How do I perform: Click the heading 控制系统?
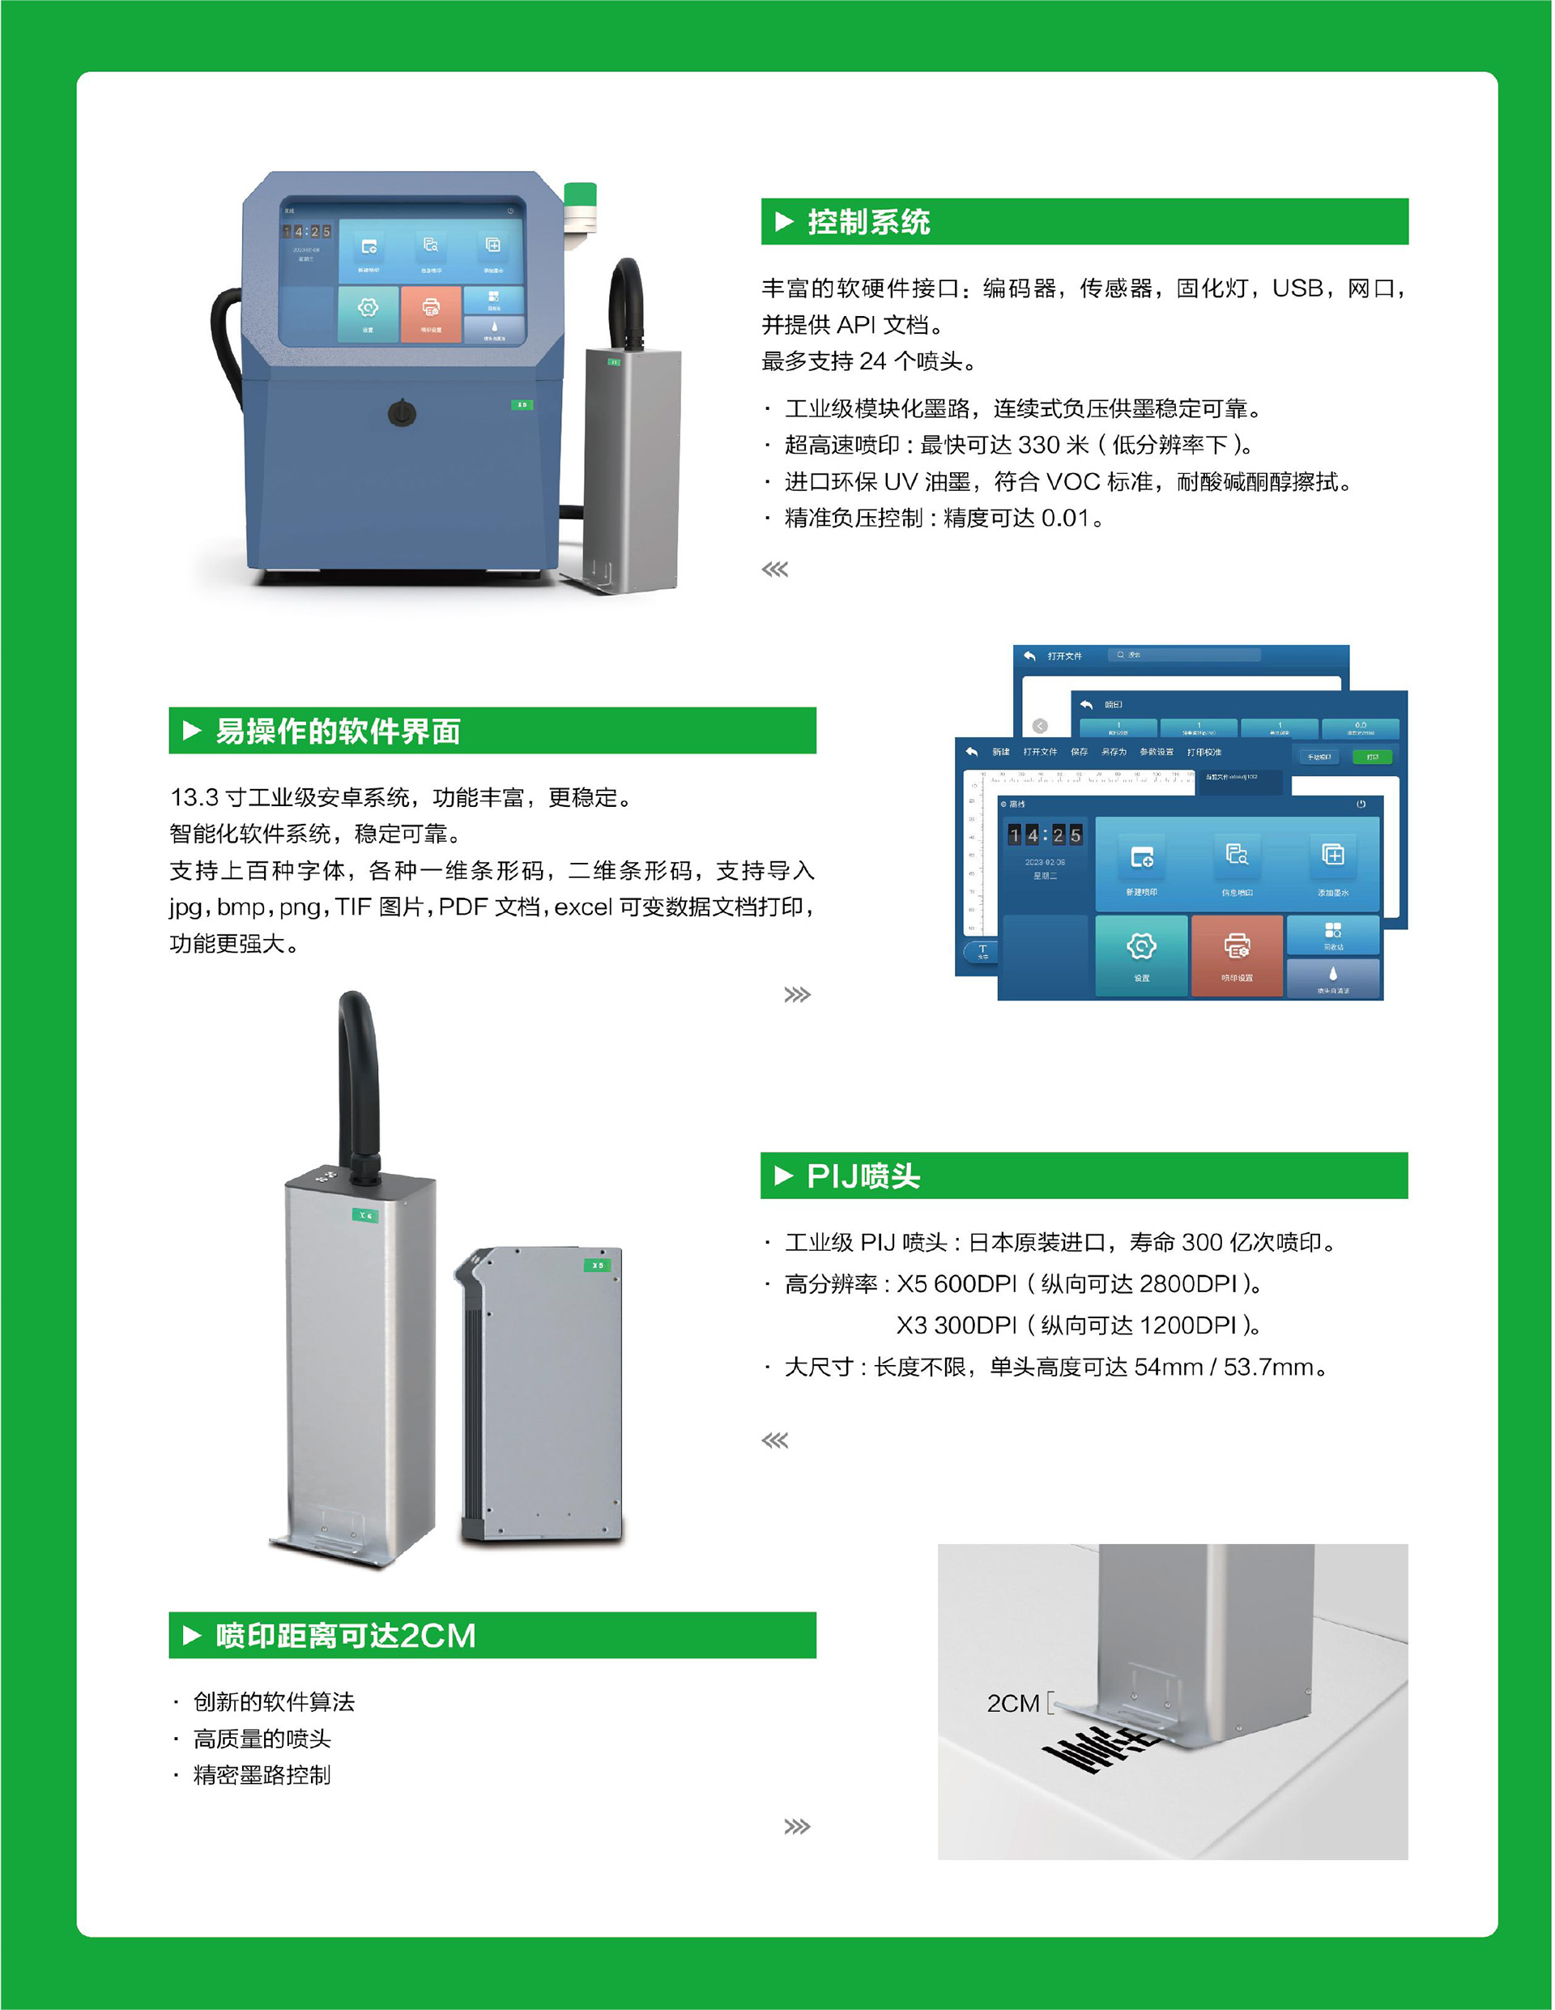pyautogui.click(x=868, y=222)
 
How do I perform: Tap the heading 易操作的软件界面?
pyautogui.click(x=337, y=732)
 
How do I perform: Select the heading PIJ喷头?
pyautogui.click(x=863, y=1176)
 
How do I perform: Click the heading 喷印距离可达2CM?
pyautogui.click(x=345, y=1636)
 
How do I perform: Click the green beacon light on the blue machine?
pyautogui.click(x=580, y=195)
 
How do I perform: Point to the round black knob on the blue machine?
pyautogui.click(x=401, y=412)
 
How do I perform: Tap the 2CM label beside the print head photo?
pyautogui.click(x=1013, y=1704)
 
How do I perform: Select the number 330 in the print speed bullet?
pyautogui.click(x=1039, y=446)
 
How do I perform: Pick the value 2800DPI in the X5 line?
pyautogui.click(x=1188, y=1284)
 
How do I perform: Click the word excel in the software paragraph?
pyautogui.click(x=583, y=907)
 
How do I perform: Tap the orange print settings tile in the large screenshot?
pyautogui.click(x=1237, y=955)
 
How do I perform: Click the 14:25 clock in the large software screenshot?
pyautogui.click(x=1044, y=834)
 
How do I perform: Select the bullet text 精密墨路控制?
pyautogui.click(x=262, y=1775)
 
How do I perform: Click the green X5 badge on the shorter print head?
pyautogui.click(x=598, y=1265)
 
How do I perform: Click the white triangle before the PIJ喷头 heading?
pyautogui.click(x=784, y=1176)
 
